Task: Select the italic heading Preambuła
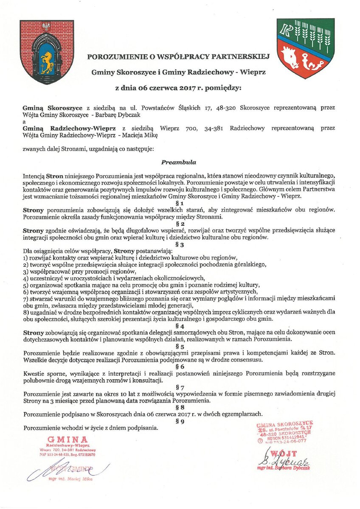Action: (178, 162)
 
